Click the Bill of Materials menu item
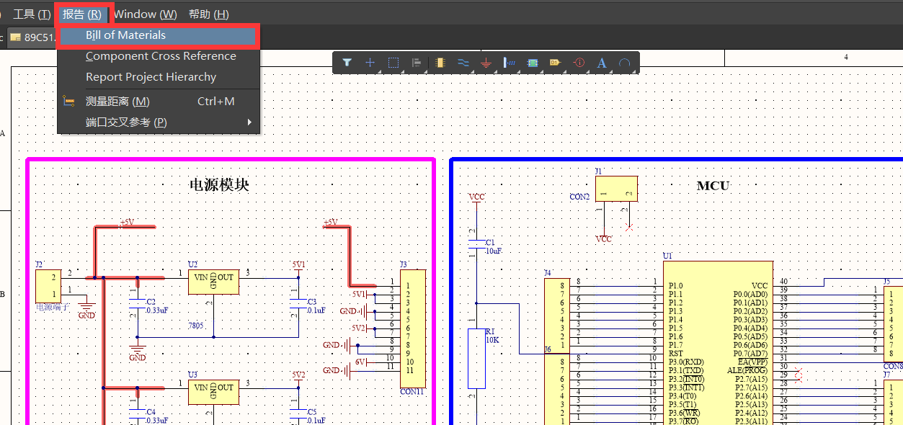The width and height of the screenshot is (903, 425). point(125,35)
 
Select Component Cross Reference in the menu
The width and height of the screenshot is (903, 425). point(161,56)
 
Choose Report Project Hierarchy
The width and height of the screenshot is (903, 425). point(151,77)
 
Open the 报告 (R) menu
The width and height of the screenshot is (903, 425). point(81,14)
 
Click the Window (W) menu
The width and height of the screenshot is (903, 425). point(145,14)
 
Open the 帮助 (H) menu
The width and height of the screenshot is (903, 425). point(208,14)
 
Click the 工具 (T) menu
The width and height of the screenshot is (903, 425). point(32,14)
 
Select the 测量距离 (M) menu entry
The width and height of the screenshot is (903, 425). point(117,102)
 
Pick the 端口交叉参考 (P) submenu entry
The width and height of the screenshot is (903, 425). point(126,122)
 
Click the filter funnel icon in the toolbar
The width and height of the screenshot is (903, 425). point(347,63)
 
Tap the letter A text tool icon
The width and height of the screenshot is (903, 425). point(602,63)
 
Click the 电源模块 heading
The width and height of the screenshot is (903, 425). point(218,185)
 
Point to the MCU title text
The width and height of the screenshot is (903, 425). point(713,186)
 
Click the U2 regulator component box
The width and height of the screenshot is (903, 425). point(213,282)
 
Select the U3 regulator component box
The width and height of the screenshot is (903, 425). point(213,392)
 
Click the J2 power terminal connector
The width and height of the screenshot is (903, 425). point(48,286)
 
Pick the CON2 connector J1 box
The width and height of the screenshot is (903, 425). point(616,189)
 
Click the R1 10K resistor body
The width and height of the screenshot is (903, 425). point(477,358)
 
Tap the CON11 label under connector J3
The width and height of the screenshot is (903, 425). point(412,393)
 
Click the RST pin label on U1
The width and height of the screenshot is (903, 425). point(675,354)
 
